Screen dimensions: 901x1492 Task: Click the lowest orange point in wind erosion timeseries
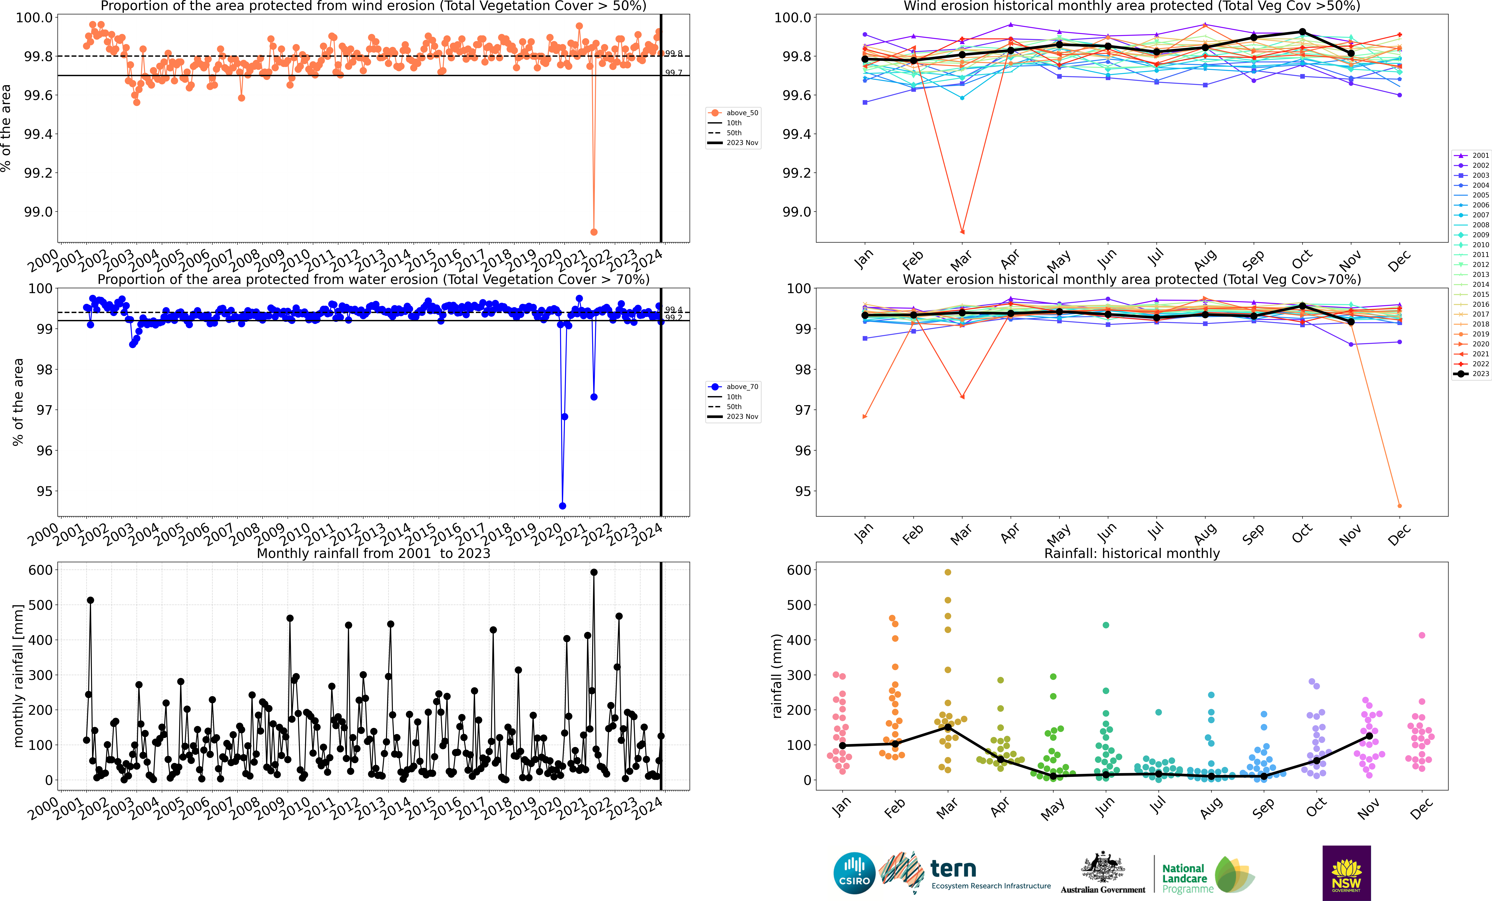593,232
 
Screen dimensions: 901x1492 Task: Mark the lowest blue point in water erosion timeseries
563,506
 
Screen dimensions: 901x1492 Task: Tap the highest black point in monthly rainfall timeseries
593,572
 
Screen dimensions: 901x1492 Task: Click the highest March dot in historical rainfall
948,572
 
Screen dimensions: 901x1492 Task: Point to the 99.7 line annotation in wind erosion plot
673,73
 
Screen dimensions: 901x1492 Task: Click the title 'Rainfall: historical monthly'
1132,553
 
